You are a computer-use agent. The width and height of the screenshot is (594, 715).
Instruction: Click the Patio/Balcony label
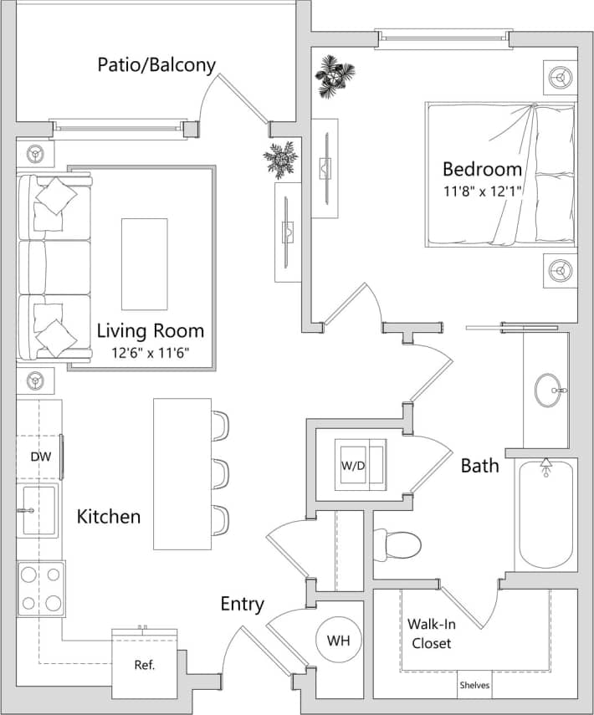pos(156,64)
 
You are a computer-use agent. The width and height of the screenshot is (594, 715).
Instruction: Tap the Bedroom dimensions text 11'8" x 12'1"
pos(482,191)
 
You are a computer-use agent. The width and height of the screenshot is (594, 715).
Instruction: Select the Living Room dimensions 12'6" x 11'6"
pos(151,352)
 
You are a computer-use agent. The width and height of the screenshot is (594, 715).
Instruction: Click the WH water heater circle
pos(337,641)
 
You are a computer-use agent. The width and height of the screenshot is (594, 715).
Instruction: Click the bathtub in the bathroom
pos(545,515)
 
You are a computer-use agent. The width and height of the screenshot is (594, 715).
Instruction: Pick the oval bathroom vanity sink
pos(549,390)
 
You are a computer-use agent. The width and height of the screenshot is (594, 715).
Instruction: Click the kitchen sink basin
pos(38,510)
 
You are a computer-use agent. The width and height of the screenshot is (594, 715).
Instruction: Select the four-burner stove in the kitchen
pos(42,589)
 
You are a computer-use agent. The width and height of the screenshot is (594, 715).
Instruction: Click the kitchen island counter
pos(182,473)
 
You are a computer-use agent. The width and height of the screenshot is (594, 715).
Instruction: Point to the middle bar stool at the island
pos(220,473)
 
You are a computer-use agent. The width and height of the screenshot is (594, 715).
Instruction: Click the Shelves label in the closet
pos(474,686)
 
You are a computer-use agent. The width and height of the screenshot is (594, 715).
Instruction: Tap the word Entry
pos(243,604)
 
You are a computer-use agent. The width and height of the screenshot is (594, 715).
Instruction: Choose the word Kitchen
pos(109,517)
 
